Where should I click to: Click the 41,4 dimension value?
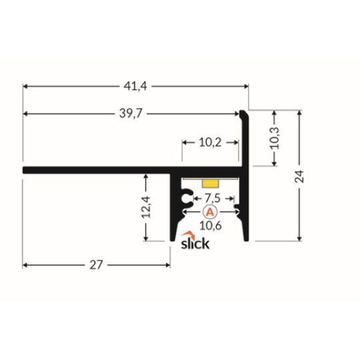(x=135, y=86)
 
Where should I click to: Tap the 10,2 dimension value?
(x=210, y=141)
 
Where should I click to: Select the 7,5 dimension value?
(x=213, y=198)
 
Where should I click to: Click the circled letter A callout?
(x=209, y=212)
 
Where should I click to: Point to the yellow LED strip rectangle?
(x=210, y=181)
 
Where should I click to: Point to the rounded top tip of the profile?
(x=245, y=115)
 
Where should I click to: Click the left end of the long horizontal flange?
(x=25, y=170)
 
